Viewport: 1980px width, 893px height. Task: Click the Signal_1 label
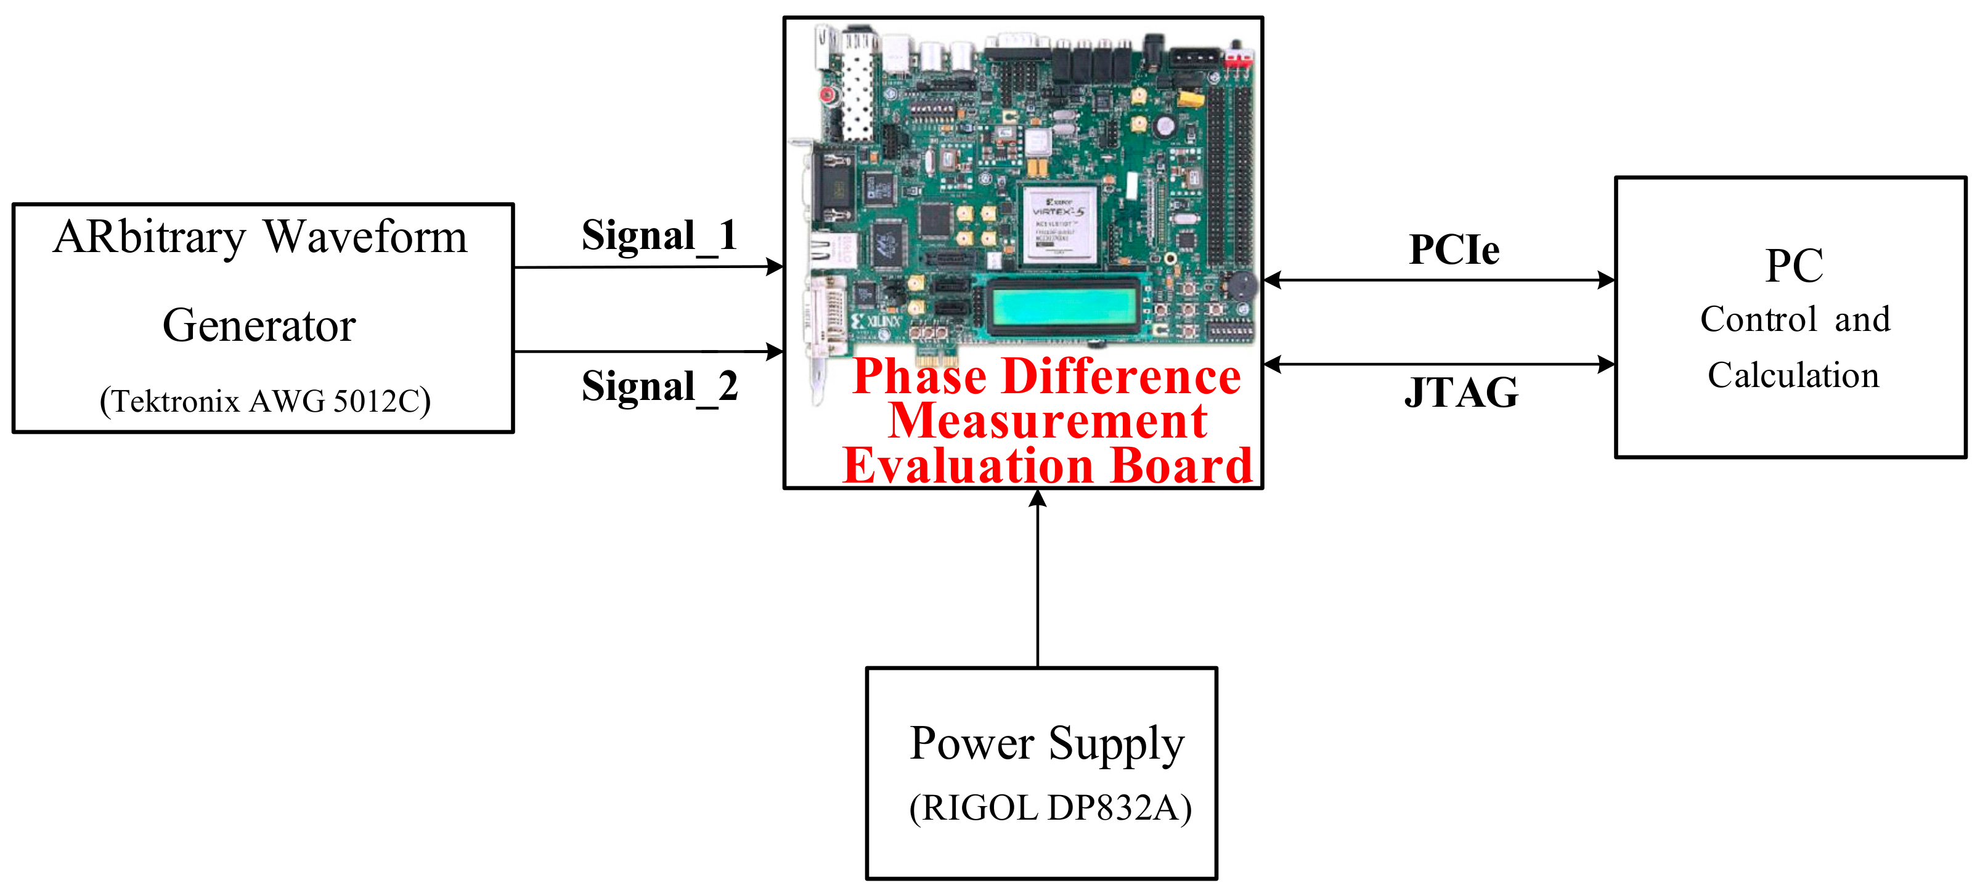pos(659,236)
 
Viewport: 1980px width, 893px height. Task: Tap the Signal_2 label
pos(659,386)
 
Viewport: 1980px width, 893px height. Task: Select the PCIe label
pos(1454,250)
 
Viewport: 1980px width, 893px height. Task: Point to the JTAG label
pos(1461,393)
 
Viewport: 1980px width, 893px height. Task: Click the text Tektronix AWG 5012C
pos(265,401)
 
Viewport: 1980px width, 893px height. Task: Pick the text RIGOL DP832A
pos(1050,808)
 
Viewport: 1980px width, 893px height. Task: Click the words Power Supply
pos(1047,743)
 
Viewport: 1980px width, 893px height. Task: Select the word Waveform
pos(366,237)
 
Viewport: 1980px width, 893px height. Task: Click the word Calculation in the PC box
pos(1793,376)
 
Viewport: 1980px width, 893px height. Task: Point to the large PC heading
pos(1794,266)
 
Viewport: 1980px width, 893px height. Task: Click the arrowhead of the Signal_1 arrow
pos(776,267)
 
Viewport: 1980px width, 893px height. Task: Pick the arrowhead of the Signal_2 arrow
pos(776,351)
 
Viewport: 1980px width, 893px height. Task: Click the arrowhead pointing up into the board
pos(1038,498)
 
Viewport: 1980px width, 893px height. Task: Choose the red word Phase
pos(919,377)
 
